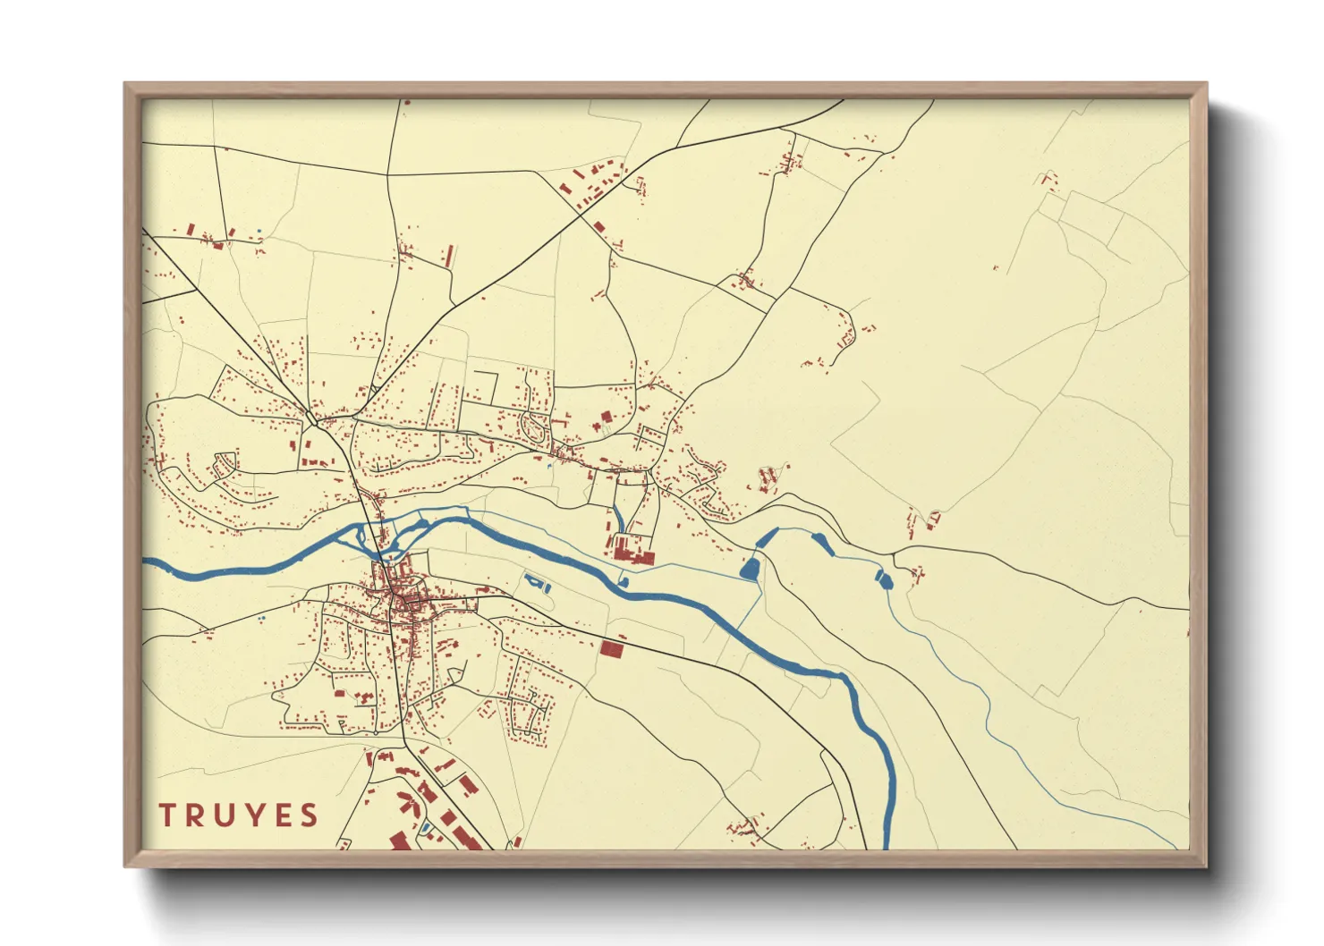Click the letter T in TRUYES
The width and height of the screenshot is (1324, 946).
click(x=166, y=815)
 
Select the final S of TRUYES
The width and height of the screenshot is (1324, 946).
click(x=310, y=815)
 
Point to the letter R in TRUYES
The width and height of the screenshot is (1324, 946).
click(x=194, y=815)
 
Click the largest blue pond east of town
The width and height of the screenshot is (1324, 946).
click(x=750, y=567)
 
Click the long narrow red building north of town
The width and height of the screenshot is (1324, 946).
click(x=449, y=256)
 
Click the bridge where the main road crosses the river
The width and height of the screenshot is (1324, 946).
click(x=381, y=545)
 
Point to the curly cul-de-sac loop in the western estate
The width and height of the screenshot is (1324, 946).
click(x=225, y=462)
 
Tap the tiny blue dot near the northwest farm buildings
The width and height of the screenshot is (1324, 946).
click(x=259, y=232)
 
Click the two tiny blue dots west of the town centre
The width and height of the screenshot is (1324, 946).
click(x=261, y=619)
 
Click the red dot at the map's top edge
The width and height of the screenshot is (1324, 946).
click(x=406, y=103)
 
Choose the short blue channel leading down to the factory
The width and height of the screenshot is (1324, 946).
click(x=617, y=519)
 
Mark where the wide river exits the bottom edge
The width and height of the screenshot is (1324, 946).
click(x=886, y=845)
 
